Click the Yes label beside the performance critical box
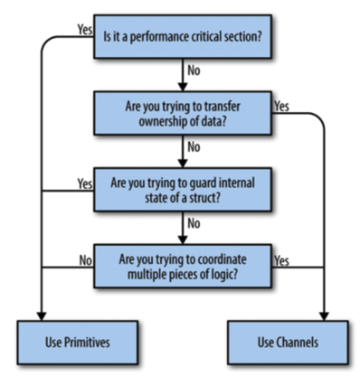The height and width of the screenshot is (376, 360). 85,28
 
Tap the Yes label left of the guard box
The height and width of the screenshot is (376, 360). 85,183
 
